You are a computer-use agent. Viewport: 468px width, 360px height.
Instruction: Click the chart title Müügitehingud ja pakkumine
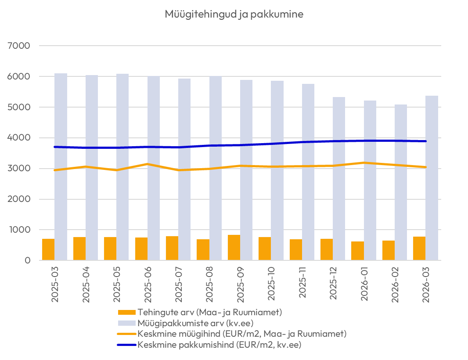coord(234,14)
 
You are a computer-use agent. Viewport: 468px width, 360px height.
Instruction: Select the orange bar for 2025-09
coord(234,248)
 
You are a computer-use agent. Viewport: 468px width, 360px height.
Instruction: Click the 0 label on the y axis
coord(27,260)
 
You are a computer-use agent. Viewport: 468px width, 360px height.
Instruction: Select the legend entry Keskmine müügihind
coord(242,334)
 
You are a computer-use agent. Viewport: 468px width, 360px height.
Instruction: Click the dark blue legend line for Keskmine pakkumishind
coord(127,345)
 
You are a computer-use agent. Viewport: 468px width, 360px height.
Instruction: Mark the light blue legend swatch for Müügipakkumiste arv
coord(127,323)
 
